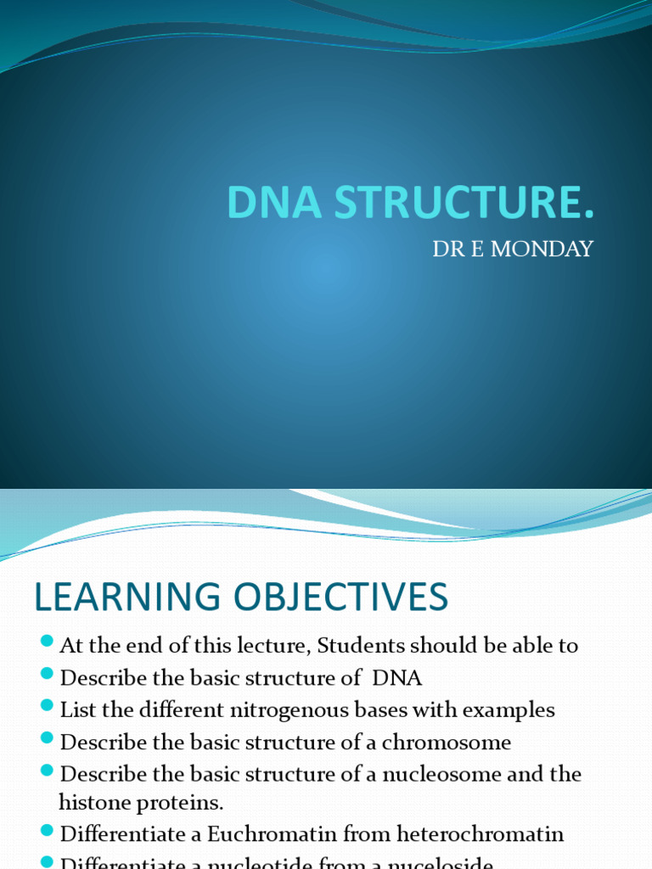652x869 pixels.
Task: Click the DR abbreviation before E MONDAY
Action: (447, 249)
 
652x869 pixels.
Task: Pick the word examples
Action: (509, 709)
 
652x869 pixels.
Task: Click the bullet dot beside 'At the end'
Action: (47, 642)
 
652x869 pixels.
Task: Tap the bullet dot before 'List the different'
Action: (47, 707)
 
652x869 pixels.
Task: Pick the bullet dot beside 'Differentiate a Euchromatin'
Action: (47, 832)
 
